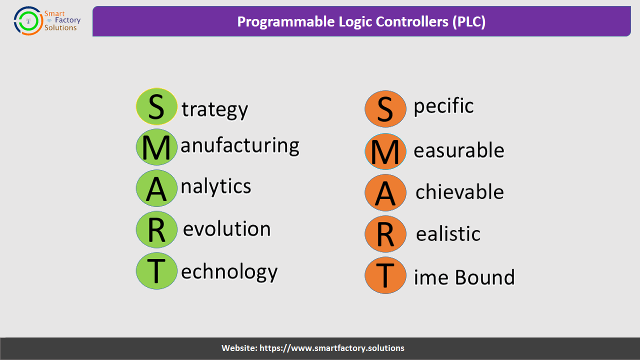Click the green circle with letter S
point(156,106)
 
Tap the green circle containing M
point(156,147)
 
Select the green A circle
point(156,188)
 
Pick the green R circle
point(156,229)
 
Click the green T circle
point(156,271)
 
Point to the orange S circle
point(385,109)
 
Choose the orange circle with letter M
point(385,151)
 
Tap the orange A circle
point(385,192)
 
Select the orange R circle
point(385,234)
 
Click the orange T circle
point(385,275)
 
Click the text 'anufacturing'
point(240,146)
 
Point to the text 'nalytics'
point(216,187)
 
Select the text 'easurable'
point(459,150)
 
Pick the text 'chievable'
point(459,191)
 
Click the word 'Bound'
point(485,277)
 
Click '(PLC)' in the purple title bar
point(469,21)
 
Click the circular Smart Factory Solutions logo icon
point(28,21)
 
